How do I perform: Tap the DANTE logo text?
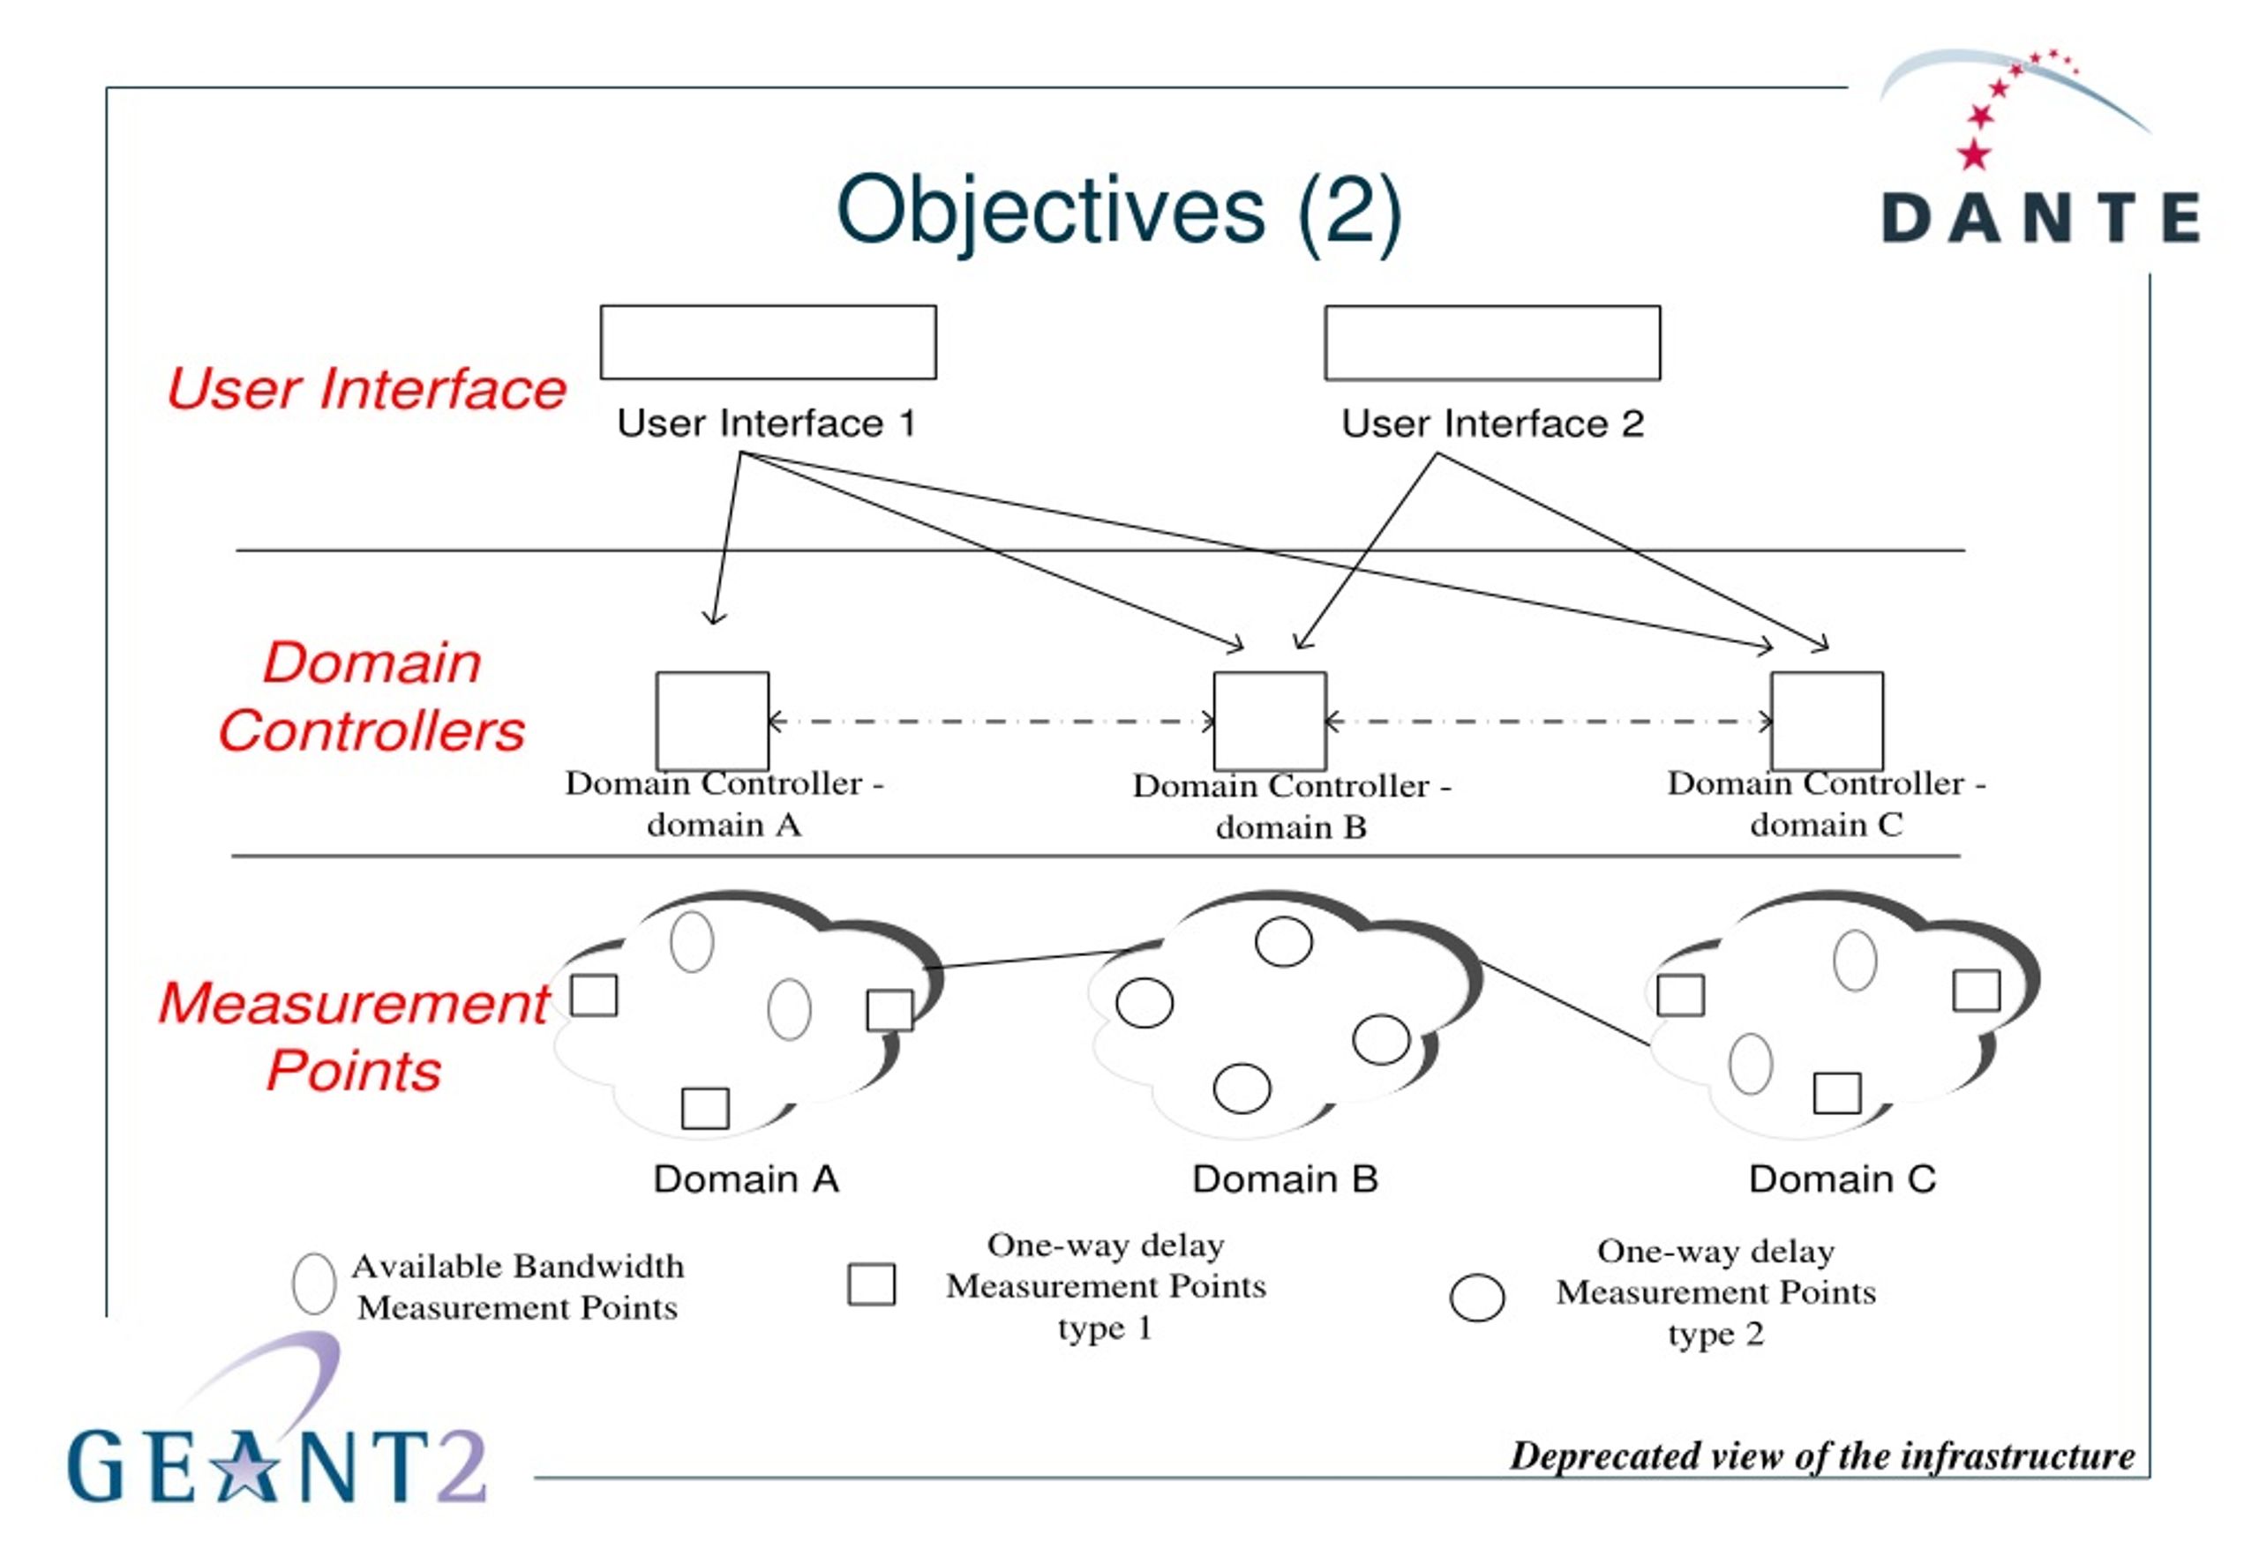point(2041,218)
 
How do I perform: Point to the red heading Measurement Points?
point(355,1036)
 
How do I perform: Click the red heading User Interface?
point(366,389)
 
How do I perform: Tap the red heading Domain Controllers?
point(371,697)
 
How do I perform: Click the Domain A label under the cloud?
point(746,1179)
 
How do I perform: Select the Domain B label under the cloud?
point(1285,1179)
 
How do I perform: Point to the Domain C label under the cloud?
point(1842,1179)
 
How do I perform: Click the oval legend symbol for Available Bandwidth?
point(313,1283)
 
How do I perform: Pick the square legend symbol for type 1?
point(871,1284)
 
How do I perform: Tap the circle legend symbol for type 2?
point(1477,1298)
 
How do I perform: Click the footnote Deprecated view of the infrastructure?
point(1822,1456)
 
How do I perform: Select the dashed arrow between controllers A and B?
point(992,722)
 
